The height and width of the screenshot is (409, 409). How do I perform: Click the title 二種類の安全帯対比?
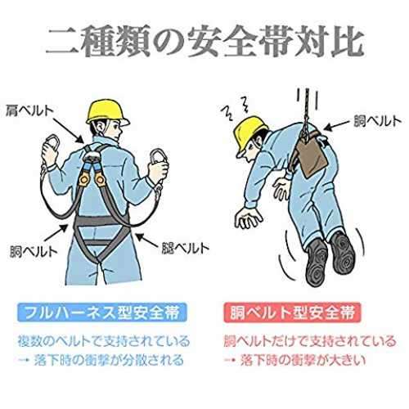205,42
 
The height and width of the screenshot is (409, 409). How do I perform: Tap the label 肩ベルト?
29,111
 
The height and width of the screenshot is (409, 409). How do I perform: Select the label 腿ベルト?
185,248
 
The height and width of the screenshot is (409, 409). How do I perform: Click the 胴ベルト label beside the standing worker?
34,251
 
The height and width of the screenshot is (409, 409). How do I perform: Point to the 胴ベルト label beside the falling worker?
377,121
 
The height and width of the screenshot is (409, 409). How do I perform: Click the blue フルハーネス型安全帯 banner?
102,312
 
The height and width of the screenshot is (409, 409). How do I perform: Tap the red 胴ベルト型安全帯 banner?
292,312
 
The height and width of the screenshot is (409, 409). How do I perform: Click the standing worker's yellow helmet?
107,112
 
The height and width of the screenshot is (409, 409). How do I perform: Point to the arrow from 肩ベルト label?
69,130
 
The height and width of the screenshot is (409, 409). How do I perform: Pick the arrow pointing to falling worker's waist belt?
338,124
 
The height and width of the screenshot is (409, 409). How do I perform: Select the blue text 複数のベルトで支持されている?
104,341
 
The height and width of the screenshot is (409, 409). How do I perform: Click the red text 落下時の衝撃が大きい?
303,360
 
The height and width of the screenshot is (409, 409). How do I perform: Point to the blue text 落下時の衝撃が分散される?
109,360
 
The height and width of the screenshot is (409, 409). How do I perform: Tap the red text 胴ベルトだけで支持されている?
309,341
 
